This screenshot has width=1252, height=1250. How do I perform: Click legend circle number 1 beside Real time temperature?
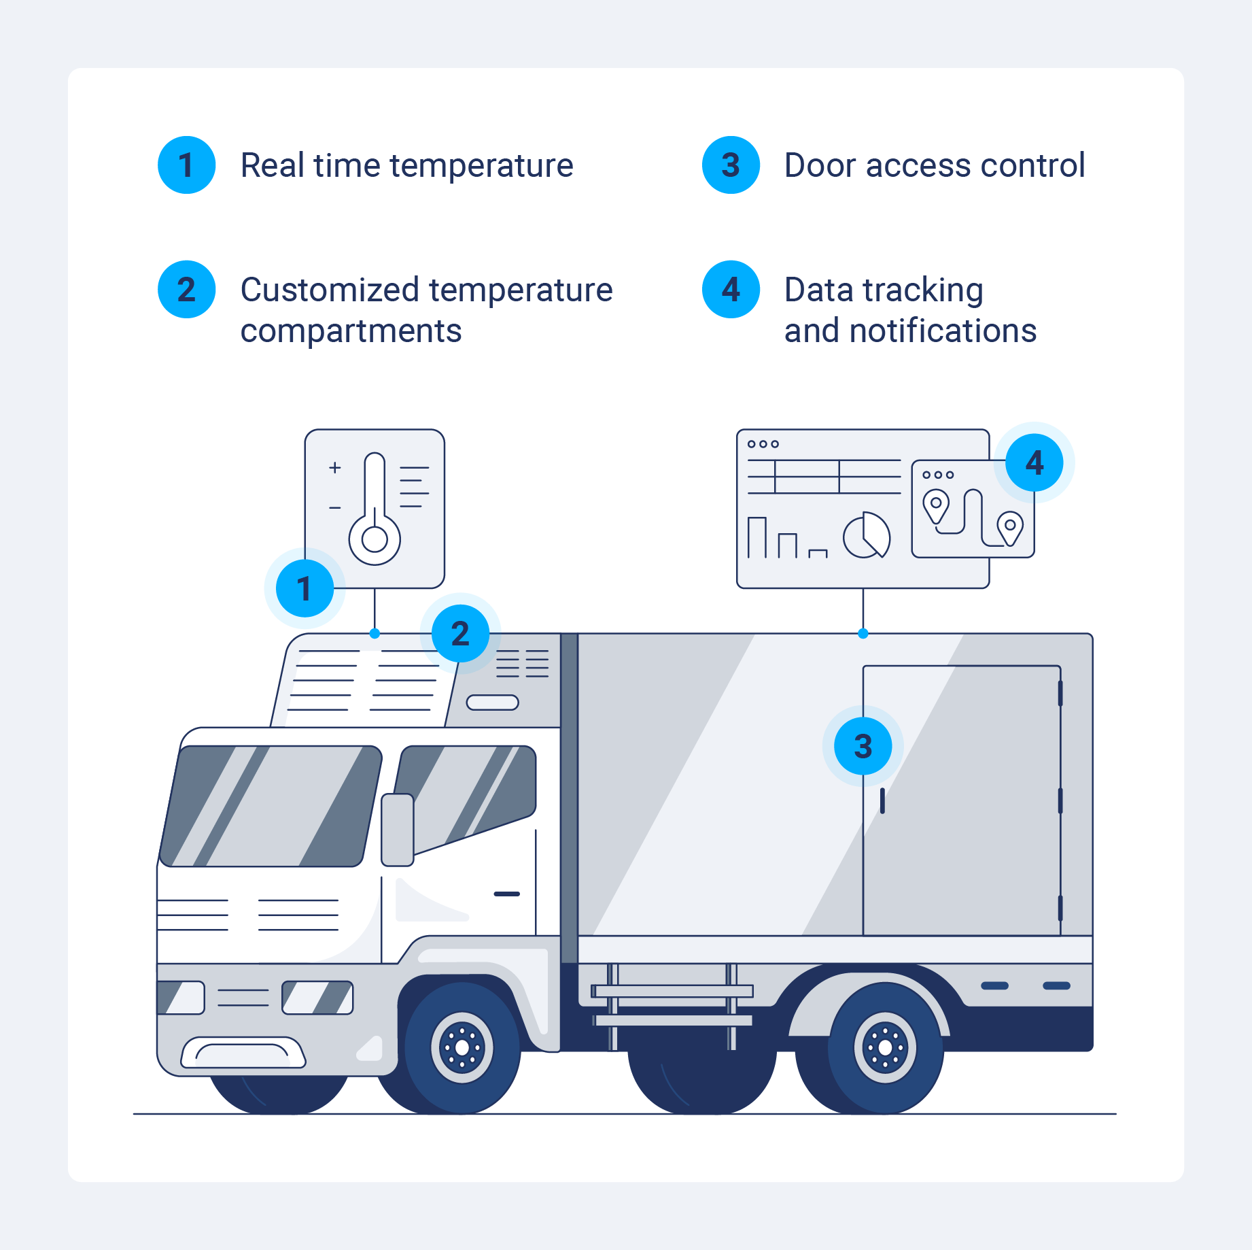[x=186, y=165]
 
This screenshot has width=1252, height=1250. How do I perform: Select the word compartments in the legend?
[x=351, y=331]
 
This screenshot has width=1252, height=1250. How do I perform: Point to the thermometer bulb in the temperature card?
[x=375, y=539]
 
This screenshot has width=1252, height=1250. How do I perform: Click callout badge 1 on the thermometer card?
[x=305, y=588]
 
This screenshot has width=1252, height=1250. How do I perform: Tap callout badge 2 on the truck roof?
[x=460, y=634]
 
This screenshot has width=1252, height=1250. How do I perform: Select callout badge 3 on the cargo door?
[x=863, y=746]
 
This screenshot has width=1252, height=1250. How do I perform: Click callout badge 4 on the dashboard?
[x=1034, y=462]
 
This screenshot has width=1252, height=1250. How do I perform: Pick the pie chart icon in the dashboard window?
[x=866, y=536]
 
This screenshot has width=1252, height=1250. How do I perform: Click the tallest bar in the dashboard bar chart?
[x=757, y=537]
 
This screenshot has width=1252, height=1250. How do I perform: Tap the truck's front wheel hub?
[x=462, y=1048]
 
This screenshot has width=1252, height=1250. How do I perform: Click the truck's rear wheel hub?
[x=885, y=1048]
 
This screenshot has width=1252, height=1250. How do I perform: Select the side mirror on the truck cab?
[x=398, y=830]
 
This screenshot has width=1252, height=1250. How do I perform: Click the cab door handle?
[x=506, y=894]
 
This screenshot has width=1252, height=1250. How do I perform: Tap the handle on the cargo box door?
[x=882, y=800]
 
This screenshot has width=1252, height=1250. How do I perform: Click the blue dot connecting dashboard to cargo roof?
[x=863, y=634]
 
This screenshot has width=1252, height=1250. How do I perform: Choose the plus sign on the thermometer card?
[x=334, y=468]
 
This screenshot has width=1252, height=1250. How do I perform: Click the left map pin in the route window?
[x=935, y=505]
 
